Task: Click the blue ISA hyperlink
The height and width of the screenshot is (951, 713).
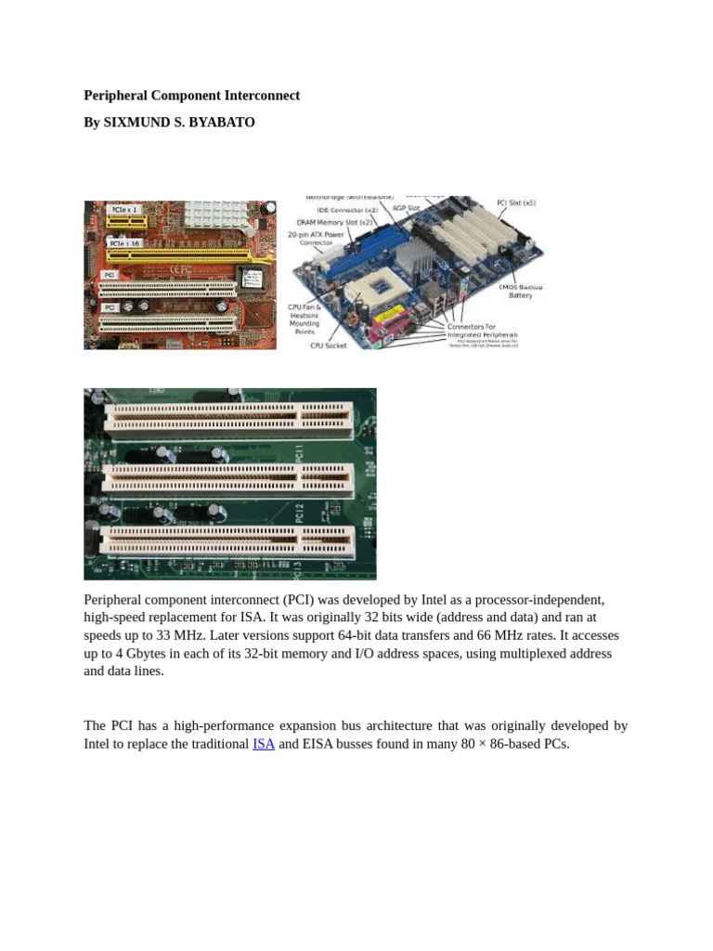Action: click(x=264, y=744)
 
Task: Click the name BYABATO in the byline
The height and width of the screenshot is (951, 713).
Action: click(x=222, y=123)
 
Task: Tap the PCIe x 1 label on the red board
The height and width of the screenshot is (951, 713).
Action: click(x=124, y=210)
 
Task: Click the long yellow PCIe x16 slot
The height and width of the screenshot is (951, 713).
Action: click(x=176, y=253)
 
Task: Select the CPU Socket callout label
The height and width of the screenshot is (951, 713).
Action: click(x=328, y=345)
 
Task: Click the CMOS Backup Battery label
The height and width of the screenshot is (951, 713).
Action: click(x=520, y=291)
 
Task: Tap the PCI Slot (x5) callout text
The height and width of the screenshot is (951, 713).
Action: click(x=516, y=202)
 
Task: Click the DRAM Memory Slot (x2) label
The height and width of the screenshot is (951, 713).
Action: click(x=334, y=222)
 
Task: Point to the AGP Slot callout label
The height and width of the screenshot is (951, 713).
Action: click(x=408, y=208)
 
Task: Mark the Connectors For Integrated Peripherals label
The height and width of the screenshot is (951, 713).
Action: click(x=482, y=330)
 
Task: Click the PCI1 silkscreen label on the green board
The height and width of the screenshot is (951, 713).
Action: click(x=300, y=454)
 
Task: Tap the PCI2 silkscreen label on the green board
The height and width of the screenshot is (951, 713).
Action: click(x=300, y=513)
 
